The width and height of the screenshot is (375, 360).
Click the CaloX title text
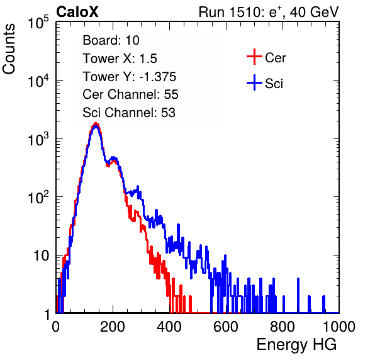(77, 12)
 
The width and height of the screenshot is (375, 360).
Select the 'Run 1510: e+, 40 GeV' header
(269, 12)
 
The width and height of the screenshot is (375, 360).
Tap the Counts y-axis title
(9, 49)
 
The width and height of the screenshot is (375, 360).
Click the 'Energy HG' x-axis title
(296, 345)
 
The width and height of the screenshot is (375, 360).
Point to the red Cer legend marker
(254, 57)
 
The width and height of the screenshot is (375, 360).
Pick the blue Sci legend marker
(254, 82)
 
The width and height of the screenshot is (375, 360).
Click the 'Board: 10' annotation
(111, 40)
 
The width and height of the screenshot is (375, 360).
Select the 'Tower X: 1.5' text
(120, 59)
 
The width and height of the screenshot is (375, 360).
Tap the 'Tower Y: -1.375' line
(129, 77)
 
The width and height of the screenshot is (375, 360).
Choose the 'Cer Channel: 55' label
(130, 94)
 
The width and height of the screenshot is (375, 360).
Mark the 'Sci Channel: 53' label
(129, 113)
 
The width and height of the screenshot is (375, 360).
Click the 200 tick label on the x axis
(113, 327)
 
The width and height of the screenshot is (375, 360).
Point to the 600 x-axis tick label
(226, 327)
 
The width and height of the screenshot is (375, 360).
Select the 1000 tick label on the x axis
(339, 327)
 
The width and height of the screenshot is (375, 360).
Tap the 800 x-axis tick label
(283, 327)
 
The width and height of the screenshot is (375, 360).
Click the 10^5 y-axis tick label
(38, 22)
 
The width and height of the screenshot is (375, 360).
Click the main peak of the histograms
(96, 125)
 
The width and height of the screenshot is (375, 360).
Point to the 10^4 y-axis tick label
(38, 81)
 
